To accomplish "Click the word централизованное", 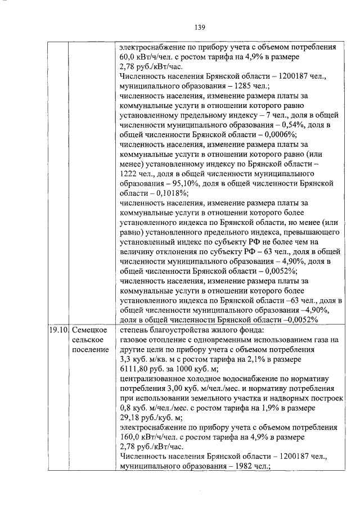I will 151,379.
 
